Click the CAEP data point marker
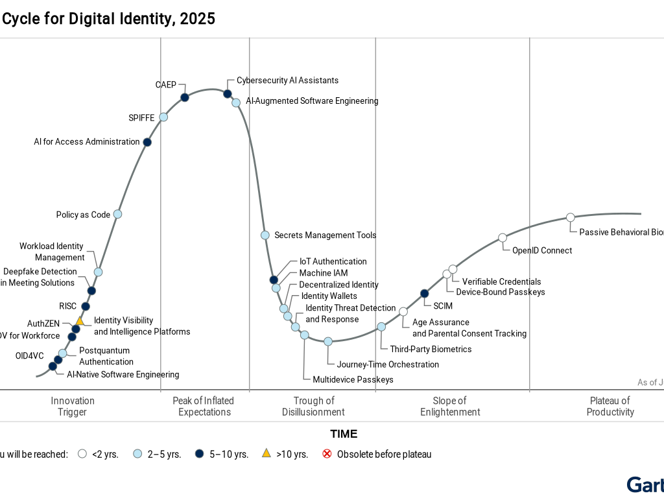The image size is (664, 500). [185, 97]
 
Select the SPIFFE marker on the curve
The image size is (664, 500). [163, 117]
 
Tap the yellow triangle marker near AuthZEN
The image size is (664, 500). [80, 320]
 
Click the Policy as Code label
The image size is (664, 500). [83, 215]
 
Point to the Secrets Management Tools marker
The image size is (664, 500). [265, 235]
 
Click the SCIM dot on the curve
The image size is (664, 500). [425, 293]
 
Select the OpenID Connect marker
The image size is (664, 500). [503, 237]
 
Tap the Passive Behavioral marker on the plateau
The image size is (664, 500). [571, 217]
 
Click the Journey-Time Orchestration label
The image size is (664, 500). [388, 364]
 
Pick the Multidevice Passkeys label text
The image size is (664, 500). [353, 379]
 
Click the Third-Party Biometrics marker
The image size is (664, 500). [381, 327]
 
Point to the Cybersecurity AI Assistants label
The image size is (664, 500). [287, 80]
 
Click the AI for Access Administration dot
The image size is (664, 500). [147, 142]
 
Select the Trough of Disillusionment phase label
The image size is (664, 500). [313, 406]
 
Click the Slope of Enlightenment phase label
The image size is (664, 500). [450, 406]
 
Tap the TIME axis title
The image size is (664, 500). [344, 434]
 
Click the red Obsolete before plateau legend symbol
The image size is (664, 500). [327, 454]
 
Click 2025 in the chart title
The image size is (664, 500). [198, 19]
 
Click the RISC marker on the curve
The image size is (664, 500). [85, 306]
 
